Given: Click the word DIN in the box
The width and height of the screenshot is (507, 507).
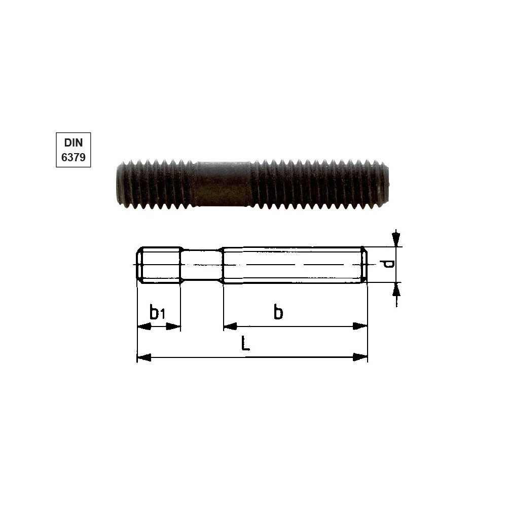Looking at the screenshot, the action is [74, 142].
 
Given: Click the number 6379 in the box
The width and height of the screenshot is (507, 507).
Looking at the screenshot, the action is [74, 158].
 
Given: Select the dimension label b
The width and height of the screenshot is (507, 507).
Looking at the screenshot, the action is [278, 312].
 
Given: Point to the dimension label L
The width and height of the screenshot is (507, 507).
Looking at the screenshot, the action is [246, 343].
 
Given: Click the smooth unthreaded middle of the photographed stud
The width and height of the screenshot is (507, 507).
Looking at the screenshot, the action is [223, 184].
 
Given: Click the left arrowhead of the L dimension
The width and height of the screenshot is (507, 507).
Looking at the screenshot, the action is [144, 357].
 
